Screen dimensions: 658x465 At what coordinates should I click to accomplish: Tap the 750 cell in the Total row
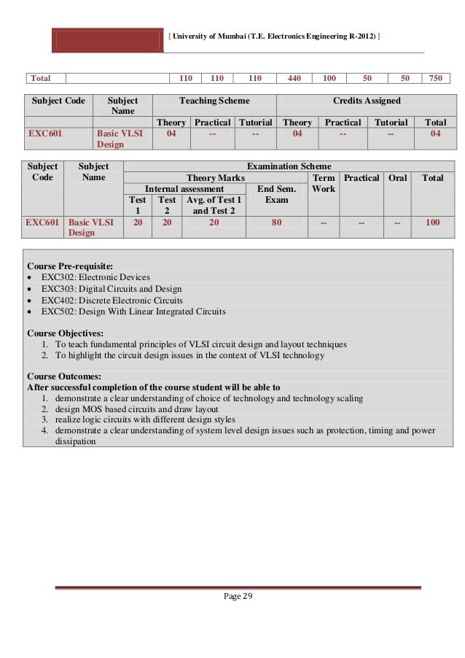[435, 78]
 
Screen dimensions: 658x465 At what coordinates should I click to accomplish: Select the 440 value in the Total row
[294, 78]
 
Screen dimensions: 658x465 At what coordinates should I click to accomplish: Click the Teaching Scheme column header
[214, 101]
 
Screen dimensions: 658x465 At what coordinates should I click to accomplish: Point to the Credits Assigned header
[362, 101]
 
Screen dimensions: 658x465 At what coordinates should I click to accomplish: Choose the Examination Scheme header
[289, 166]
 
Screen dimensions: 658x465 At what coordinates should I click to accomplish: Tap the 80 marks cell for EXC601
[276, 222]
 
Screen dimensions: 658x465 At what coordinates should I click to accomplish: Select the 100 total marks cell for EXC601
[433, 222]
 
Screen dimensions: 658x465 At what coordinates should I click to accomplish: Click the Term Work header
[323, 183]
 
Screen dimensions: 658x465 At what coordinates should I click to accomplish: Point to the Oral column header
[398, 177]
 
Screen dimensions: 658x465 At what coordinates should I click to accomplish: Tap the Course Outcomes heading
[63, 376]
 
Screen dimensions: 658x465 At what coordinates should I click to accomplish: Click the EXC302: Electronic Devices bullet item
[95, 277]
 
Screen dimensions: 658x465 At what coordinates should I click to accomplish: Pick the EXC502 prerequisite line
[133, 311]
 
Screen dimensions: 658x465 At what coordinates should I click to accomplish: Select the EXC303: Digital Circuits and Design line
[112, 288]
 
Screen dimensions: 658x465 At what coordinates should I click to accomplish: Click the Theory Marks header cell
[216, 177]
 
